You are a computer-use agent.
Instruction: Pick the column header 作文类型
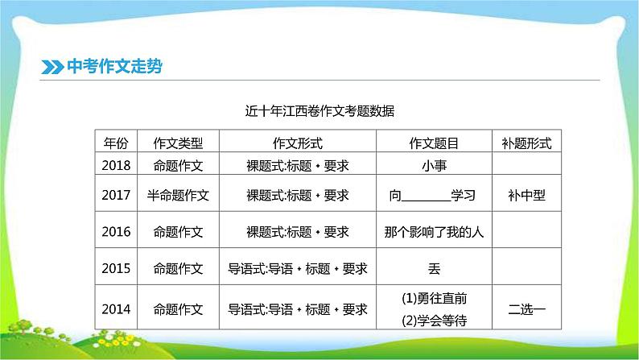point(177,143)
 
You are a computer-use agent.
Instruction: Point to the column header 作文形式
point(298,143)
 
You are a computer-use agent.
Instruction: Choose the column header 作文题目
point(435,143)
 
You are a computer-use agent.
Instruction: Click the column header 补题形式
point(526,143)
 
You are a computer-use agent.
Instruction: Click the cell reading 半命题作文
point(177,195)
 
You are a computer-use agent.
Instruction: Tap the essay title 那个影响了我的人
point(435,231)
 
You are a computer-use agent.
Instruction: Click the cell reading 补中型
point(526,195)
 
